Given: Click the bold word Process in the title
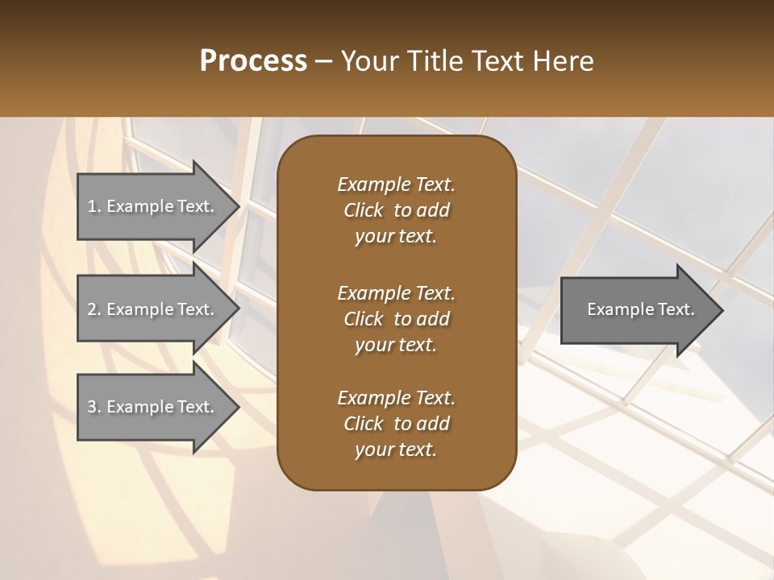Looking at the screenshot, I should (x=253, y=61).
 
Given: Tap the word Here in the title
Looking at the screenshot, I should (x=563, y=61).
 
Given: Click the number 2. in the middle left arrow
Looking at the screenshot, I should (x=94, y=309).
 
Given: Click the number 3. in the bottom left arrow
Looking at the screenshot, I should (x=94, y=407).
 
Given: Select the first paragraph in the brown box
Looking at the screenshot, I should (x=396, y=210).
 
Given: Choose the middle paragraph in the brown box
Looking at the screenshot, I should (x=396, y=318).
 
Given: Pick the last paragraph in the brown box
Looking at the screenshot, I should (x=396, y=424).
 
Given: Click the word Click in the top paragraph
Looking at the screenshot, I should (x=364, y=210).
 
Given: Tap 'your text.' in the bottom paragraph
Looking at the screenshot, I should (x=396, y=450).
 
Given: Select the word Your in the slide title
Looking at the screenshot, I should (x=367, y=61).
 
